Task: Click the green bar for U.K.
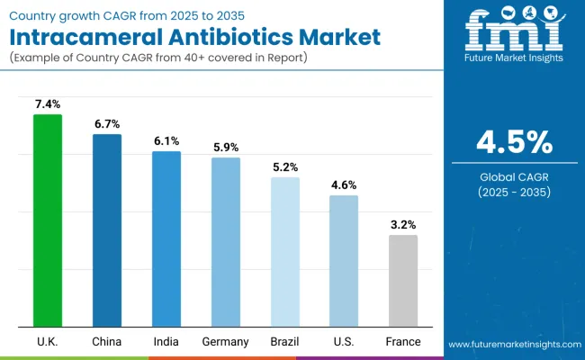pos(48,220)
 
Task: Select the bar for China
pos(107,230)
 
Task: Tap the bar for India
pos(166,238)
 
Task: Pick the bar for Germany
pos(226,242)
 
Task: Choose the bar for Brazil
pos(285,252)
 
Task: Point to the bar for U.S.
pos(344,261)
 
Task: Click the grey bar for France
pos(403,281)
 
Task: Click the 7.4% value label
pos(48,105)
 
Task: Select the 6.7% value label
pos(107,124)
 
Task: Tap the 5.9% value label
pos(226,148)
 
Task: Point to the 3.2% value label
pos(403,225)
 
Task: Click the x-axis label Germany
pos(226,342)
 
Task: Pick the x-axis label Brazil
pos(285,342)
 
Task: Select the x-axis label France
pos(403,342)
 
